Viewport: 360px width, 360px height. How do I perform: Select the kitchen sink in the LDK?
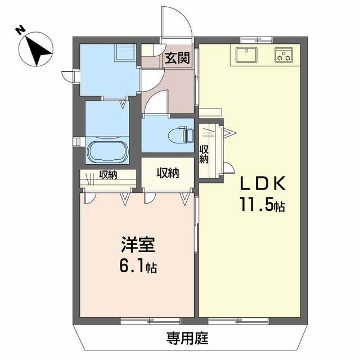click(x=246, y=55)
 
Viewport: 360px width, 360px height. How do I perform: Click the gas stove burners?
click(x=283, y=55)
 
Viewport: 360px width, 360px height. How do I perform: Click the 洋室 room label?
click(x=137, y=246)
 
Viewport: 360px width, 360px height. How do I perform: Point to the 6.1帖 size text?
click(x=137, y=266)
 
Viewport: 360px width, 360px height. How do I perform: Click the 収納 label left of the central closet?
click(x=108, y=174)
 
